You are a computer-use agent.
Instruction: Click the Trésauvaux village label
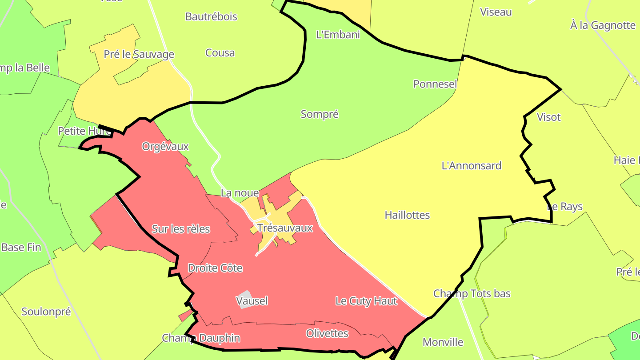click(285, 228)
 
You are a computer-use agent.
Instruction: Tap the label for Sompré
click(320, 114)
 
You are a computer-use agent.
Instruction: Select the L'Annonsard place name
click(471, 166)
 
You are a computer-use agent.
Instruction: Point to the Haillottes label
click(407, 215)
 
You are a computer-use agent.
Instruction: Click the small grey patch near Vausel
click(244, 298)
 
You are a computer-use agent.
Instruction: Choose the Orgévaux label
click(165, 146)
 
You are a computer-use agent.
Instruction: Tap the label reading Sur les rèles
click(181, 229)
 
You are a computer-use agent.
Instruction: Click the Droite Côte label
click(215, 268)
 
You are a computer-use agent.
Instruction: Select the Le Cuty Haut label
click(366, 301)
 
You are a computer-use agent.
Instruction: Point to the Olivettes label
click(327, 333)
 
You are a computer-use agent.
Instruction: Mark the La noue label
click(240, 193)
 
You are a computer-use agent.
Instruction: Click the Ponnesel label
click(435, 84)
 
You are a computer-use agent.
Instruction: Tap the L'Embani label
click(338, 35)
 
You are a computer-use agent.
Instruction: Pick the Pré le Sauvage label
click(139, 55)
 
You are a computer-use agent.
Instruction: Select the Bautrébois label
click(211, 17)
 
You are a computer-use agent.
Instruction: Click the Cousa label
click(220, 53)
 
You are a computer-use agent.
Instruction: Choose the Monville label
click(443, 342)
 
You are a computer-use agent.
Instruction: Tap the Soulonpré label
click(46, 312)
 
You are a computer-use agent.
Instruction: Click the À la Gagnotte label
click(603, 25)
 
